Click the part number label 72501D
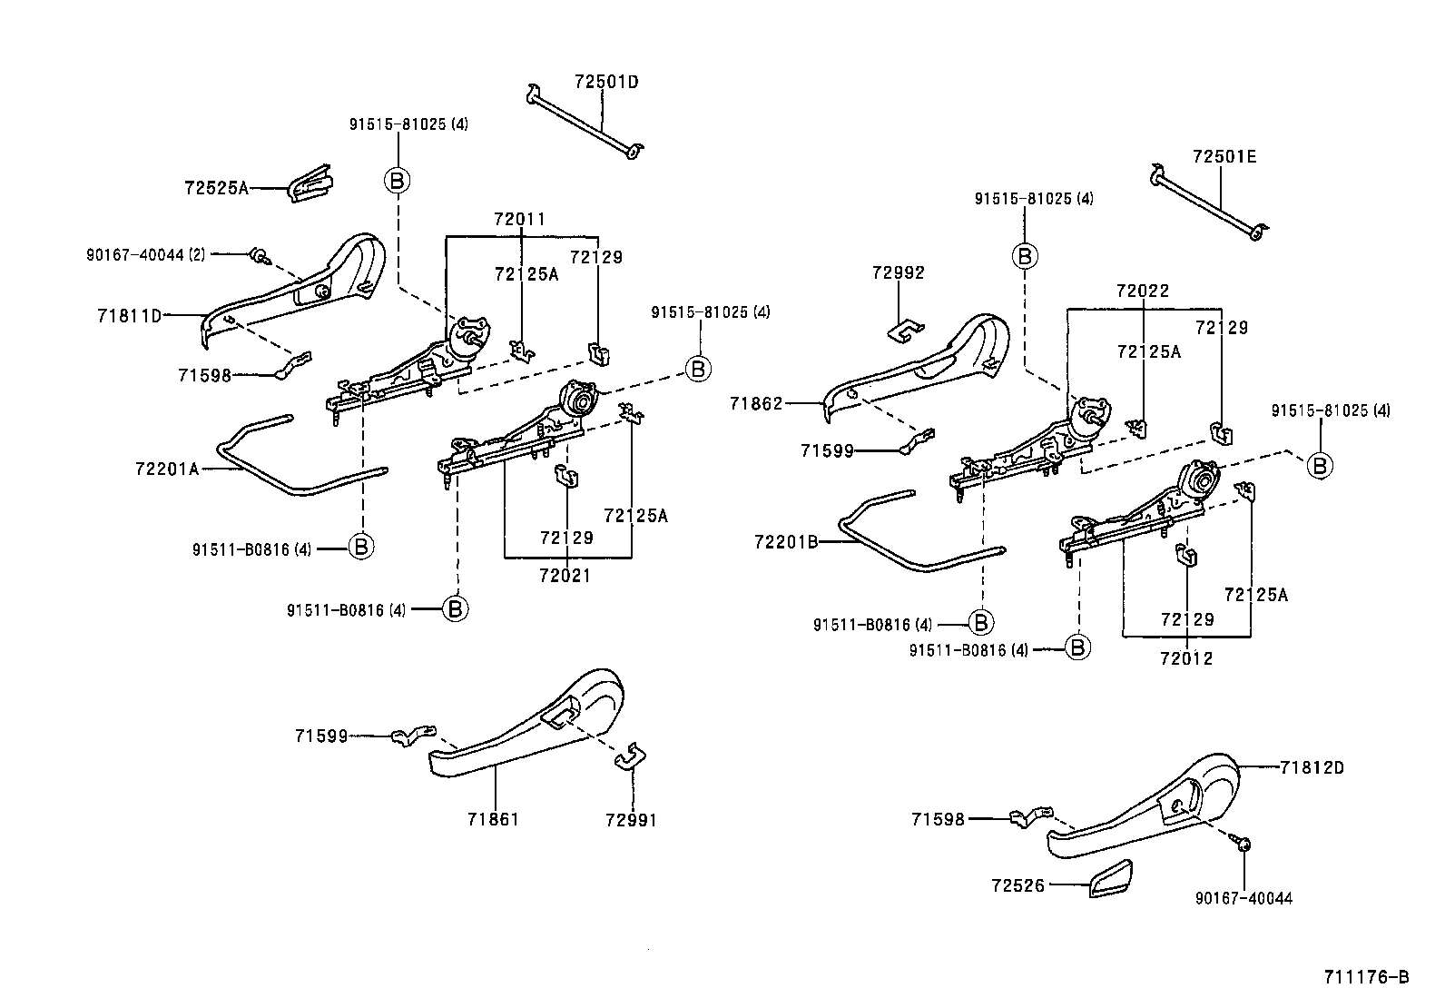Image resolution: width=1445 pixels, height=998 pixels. (x=605, y=82)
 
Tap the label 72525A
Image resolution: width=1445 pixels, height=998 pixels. (x=215, y=188)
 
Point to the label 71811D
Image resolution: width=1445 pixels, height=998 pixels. (x=129, y=316)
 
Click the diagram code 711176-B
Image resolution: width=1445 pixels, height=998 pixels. (x=1365, y=977)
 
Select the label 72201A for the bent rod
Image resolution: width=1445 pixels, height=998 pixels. (x=166, y=469)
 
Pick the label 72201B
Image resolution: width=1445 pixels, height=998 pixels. (x=786, y=542)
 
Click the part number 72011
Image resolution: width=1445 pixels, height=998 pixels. (x=519, y=219)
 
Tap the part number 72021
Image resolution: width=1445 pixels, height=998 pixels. (x=564, y=575)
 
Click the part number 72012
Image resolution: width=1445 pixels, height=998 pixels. (x=1185, y=657)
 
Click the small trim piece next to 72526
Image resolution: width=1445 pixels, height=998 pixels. (x=1109, y=878)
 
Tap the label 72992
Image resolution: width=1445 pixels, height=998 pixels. (x=898, y=272)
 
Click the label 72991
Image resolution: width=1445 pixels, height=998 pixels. (x=630, y=820)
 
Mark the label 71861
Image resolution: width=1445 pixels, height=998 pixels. (x=493, y=819)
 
